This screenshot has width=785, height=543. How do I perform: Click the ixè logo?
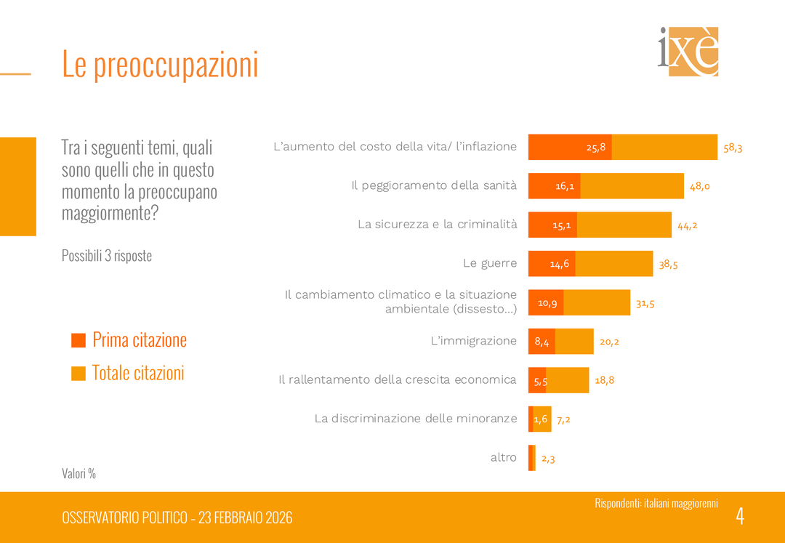pyautogui.click(x=688, y=51)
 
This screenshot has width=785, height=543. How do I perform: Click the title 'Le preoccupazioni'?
pyautogui.click(x=160, y=64)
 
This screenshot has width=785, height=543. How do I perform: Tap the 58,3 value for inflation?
pyautogui.click(x=733, y=148)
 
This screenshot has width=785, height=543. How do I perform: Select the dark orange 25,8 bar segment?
pyautogui.click(x=570, y=147)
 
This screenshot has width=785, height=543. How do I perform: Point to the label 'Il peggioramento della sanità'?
pyautogui.click(x=434, y=185)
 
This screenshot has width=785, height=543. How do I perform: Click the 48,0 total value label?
pyautogui.click(x=699, y=186)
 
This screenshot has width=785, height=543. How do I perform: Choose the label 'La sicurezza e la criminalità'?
pyautogui.click(x=437, y=224)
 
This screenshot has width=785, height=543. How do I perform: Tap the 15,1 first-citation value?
pyautogui.click(x=562, y=225)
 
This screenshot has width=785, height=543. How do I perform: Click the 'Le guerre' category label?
pyautogui.click(x=490, y=263)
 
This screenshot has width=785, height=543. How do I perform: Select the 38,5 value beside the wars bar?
pyautogui.click(x=668, y=265)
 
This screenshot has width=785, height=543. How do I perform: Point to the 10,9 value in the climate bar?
pyautogui.click(x=547, y=303)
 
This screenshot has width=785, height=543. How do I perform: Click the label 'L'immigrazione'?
pyautogui.click(x=473, y=341)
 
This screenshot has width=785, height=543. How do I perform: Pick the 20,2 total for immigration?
pyautogui.click(x=608, y=342)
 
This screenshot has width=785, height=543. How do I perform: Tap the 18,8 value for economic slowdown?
pyautogui.click(x=604, y=380)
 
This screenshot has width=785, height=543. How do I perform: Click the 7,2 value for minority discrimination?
pyautogui.click(x=563, y=419)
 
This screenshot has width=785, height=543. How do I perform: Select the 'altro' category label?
pyautogui.click(x=503, y=457)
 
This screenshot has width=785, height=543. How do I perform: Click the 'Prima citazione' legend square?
pyautogui.click(x=78, y=340)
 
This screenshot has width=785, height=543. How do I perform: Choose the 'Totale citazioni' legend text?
pyautogui.click(x=138, y=373)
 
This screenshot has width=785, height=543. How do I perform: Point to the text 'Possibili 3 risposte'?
pyautogui.click(x=107, y=256)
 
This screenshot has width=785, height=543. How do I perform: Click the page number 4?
pyautogui.click(x=740, y=516)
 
